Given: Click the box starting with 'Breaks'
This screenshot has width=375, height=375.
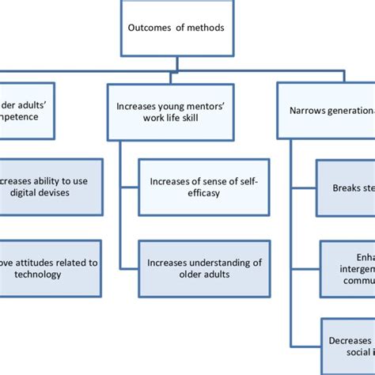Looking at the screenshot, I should click(x=345, y=188).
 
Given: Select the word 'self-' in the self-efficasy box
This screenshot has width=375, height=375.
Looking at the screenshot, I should click(x=244, y=181).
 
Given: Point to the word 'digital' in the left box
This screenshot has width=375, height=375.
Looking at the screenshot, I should click(x=31, y=193).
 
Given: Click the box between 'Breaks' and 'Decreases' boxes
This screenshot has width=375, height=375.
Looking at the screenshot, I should click(x=347, y=268).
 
